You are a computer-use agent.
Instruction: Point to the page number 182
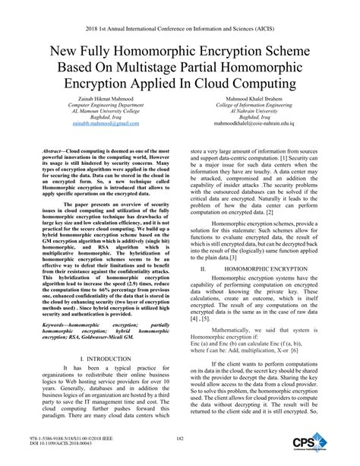tap(180, 439)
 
